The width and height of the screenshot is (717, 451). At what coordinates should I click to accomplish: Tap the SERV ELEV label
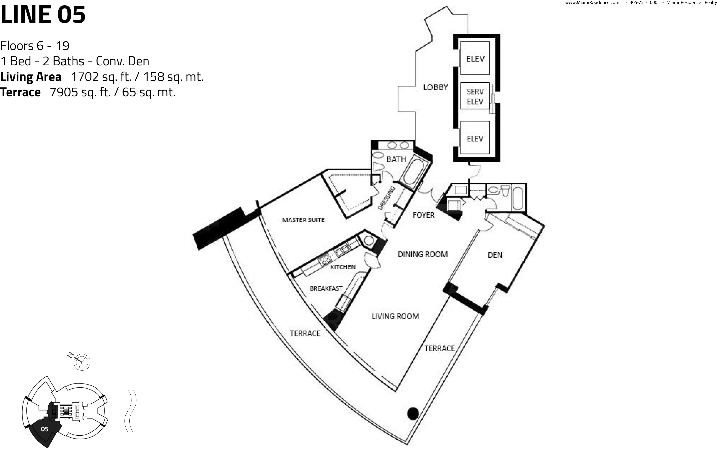point(475,97)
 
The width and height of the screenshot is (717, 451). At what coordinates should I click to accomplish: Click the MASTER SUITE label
point(303,220)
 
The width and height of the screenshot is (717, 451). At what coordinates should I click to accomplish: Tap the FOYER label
point(423,215)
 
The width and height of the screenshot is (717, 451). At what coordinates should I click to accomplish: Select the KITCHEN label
point(343,267)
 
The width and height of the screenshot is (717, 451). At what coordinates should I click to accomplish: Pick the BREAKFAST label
point(326,288)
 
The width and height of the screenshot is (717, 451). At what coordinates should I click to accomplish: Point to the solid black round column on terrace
point(413,413)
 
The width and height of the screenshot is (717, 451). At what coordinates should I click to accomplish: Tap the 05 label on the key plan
point(45,429)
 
